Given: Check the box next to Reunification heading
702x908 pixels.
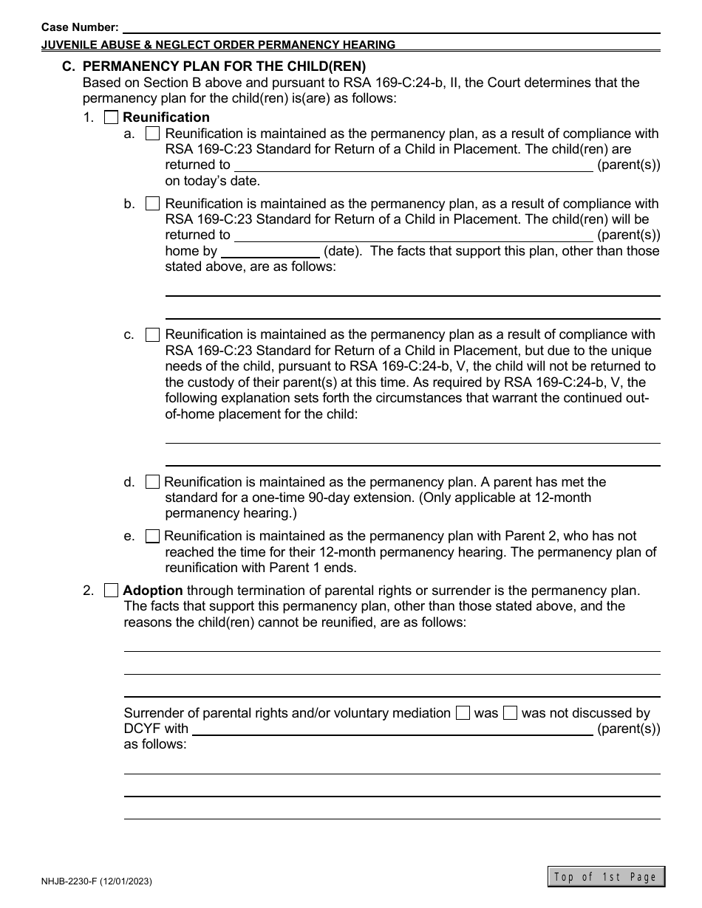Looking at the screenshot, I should click(x=111, y=117).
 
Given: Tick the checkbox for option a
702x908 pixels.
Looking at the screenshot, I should click(x=152, y=134).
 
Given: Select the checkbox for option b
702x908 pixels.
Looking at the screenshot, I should click(x=152, y=203).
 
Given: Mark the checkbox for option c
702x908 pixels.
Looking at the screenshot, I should click(x=152, y=334).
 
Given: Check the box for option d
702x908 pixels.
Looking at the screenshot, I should click(x=152, y=482).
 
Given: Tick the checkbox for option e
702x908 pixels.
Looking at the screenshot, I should click(x=152, y=536).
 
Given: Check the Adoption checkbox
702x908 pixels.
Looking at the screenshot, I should click(x=111, y=591).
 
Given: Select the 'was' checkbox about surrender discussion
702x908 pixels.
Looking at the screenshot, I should click(x=463, y=713).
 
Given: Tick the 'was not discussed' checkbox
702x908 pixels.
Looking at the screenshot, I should click(x=510, y=713).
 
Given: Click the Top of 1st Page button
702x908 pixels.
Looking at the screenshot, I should click(x=606, y=877).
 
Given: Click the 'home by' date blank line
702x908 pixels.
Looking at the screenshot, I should click(x=270, y=251).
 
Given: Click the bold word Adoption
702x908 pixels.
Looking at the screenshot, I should click(x=153, y=591).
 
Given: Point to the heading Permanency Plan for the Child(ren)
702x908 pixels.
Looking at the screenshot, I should click(x=224, y=66).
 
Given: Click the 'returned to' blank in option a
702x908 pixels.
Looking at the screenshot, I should click(x=413, y=165).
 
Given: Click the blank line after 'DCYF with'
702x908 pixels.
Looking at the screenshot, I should click(x=392, y=729).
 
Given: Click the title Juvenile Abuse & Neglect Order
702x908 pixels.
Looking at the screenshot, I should click(x=218, y=44).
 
